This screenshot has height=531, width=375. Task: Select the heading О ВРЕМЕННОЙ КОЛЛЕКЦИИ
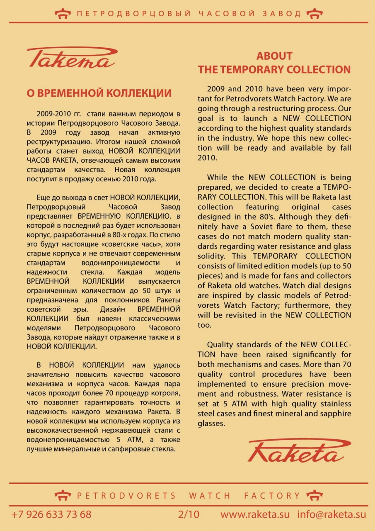[99, 93]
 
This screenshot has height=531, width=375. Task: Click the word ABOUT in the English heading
[274, 56]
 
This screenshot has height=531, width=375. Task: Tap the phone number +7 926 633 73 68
[51, 515]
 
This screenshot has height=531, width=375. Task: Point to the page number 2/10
[189, 515]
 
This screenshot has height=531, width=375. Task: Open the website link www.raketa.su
[255, 515]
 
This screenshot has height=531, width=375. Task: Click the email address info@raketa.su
[331, 515]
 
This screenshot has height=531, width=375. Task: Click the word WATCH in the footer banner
[210, 496]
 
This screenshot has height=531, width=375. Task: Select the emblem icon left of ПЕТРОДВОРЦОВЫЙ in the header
[63, 14]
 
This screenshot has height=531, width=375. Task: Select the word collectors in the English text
[330, 276]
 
